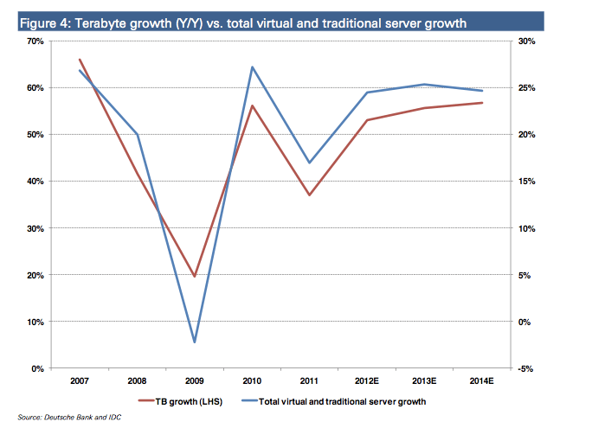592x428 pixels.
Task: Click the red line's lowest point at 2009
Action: pyautogui.click(x=195, y=277)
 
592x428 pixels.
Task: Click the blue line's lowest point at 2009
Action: pyautogui.click(x=195, y=342)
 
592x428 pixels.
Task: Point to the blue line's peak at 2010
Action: pyautogui.click(x=252, y=67)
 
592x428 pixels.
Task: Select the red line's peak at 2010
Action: pyautogui.click(x=252, y=105)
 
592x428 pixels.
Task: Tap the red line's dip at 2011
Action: pyautogui.click(x=309, y=195)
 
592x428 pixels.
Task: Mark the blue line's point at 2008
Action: pyautogui.click(x=137, y=135)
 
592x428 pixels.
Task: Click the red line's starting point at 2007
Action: pyautogui.click(x=80, y=60)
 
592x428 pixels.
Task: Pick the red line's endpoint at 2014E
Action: pyautogui.click(x=482, y=103)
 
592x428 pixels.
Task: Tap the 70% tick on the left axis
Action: pyautogui.click(x=37, y=41)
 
